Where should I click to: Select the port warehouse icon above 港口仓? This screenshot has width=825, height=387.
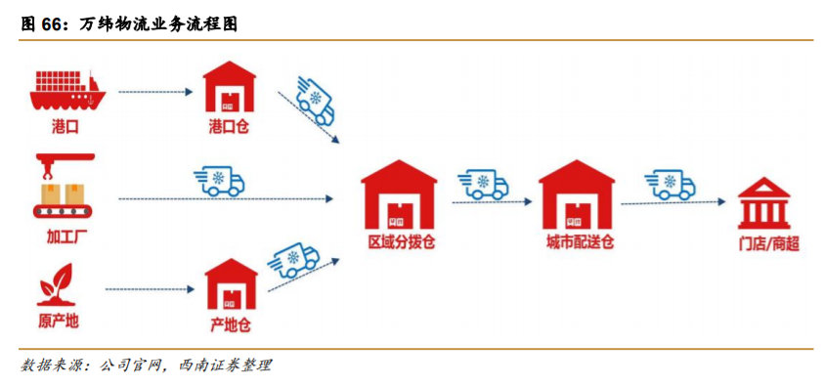(x=230, y=89)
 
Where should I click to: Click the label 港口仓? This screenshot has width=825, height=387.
(x=230, y=127)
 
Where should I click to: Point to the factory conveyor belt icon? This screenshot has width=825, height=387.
(x=65, y=187)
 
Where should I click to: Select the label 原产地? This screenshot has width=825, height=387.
(x=60, y=322)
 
